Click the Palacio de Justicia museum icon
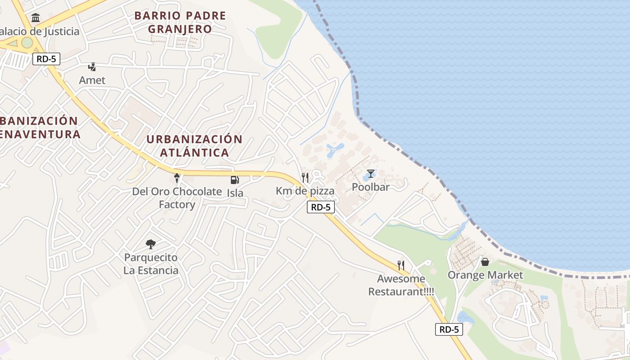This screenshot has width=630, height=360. tap(36, 18)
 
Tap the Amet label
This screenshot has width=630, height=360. tap(92, 80)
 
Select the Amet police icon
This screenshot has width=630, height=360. tap(92, 67)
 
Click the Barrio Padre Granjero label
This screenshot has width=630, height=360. tap(180, 22)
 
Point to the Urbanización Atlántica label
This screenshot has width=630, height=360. tap(194, 146)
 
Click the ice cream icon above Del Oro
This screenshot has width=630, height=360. tap(177, 178)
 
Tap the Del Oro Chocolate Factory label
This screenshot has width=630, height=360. tap(177, 198)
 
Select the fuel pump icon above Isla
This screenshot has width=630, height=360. tap(234, 180)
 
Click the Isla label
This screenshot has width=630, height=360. tap(235, 193)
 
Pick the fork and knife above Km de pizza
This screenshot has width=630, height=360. tap(305, 177)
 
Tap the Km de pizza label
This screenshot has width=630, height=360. tap(305, 191)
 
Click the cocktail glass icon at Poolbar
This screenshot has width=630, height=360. tap(370, 174)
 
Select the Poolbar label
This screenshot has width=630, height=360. tap(370, 187)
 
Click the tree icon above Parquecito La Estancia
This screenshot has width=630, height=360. tap(151, 244)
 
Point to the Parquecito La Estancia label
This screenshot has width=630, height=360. tap(151, 264)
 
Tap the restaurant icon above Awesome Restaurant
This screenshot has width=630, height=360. tap(401, 265)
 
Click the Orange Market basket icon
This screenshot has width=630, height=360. tap(485, 262)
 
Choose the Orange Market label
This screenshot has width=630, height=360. tap(485, 275)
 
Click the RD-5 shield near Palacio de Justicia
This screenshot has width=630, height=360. tap(46, 59)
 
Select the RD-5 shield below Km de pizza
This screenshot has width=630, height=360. tap(321, 207)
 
